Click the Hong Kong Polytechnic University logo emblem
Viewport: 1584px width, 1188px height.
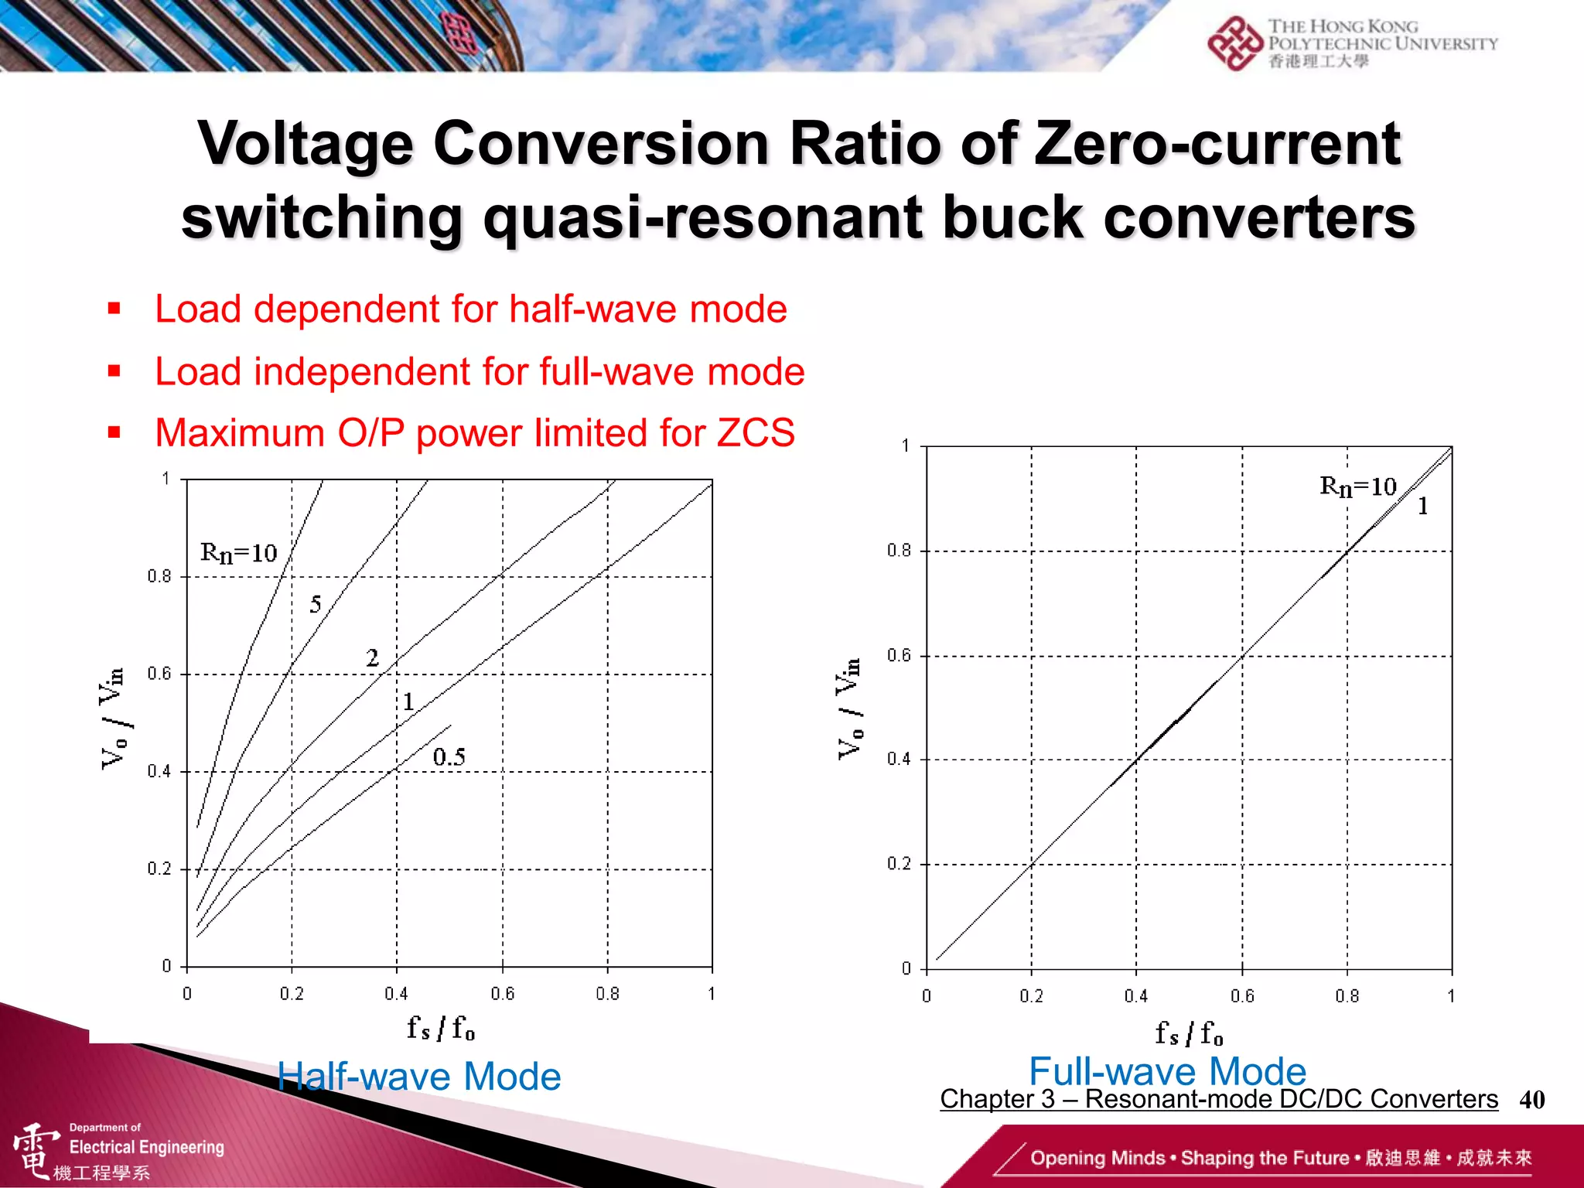[x=1234, y=43]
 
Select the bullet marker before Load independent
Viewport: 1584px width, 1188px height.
[x=114, y=371]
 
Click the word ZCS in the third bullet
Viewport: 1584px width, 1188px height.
[x=756, y=432]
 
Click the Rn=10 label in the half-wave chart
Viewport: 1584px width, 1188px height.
[x=238, y=553]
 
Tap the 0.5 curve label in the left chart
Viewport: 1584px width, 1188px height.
[x=449, y=756]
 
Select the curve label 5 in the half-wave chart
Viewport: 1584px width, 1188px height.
[x=316, y=604]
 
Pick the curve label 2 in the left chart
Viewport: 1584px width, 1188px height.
[x=372, y=658]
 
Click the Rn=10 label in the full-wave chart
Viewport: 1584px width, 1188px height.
[x=1357, y=486]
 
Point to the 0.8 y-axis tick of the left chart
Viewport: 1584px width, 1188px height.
[x=159, y=576]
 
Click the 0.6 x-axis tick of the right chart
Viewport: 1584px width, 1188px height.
[x=1242, y=996]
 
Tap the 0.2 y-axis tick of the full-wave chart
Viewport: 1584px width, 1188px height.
[x=899, y=864]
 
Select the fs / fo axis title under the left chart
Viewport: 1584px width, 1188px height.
[x=441, y=1029]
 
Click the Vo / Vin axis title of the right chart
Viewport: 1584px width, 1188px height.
[x=849, y=708]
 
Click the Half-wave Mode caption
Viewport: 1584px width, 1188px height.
[x=419, y=1077]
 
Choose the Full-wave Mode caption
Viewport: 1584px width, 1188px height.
[x=1167, y=1071]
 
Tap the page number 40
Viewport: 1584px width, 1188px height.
[x=1531, y=1100]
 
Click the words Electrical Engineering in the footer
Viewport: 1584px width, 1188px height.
[x=147, y=1147]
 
